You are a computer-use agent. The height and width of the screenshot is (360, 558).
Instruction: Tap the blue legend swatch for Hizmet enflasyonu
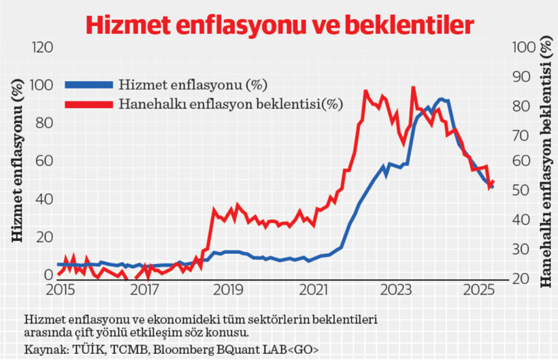[88, 85]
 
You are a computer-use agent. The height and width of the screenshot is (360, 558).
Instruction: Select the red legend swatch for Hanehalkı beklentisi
[88, 104]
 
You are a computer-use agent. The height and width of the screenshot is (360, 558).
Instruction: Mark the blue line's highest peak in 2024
[442, 99]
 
